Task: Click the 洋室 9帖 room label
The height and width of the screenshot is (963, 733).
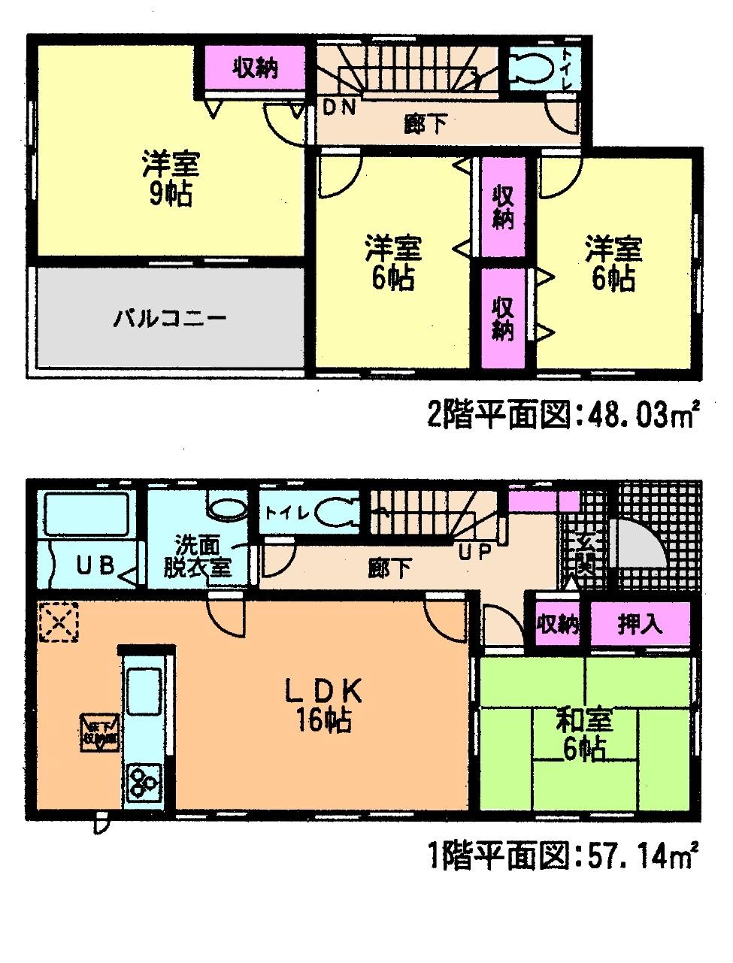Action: [x=169, y=178]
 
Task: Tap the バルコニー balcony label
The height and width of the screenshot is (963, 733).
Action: [x=169, y=319]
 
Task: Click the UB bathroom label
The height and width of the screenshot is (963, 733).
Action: [x=96, y=565]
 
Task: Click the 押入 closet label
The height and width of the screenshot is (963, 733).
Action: [x=639, y=623]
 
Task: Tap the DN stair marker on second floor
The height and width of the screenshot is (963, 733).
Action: [x=338, y=107]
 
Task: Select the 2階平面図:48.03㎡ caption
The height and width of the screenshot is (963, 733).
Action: [x=564, y=415]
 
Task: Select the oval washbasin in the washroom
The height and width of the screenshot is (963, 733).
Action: [x=227, y=509]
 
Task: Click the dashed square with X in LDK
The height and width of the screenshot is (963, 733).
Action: [x=59, y=623]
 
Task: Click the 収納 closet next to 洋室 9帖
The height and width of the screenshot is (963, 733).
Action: [x=254, y=68]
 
